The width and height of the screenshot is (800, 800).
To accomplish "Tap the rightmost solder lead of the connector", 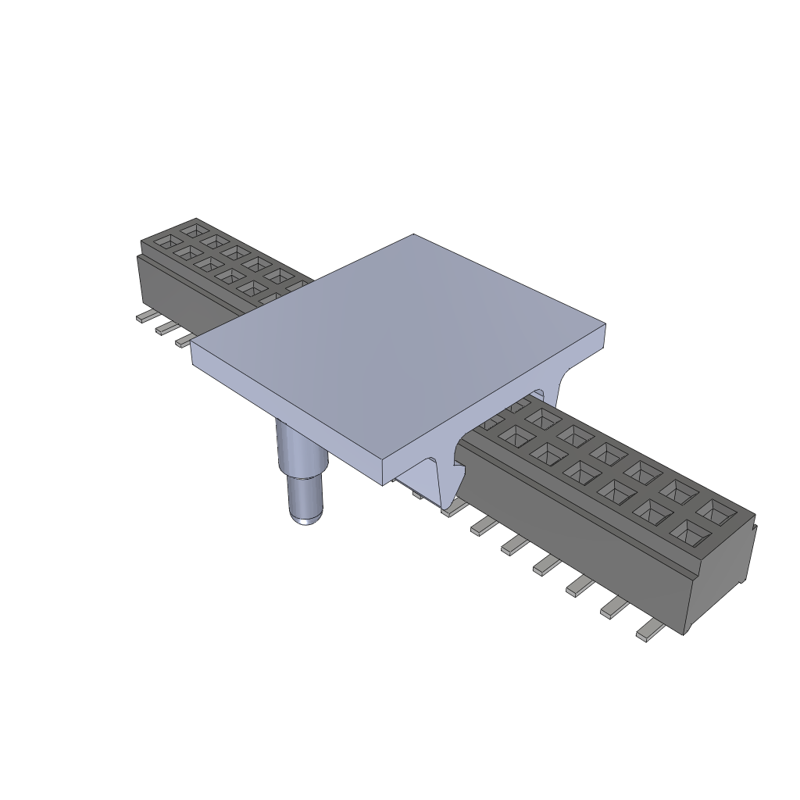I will click(x=649, y=633).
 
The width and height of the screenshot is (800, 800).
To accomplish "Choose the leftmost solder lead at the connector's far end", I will click(x=144, y=317).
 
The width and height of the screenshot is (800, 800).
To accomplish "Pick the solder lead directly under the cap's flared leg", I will click(x=452, y=509).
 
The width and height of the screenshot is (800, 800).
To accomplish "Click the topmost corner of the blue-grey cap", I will click(x=413, y=235).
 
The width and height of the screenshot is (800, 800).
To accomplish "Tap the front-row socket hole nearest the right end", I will click(x=689, y=533).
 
